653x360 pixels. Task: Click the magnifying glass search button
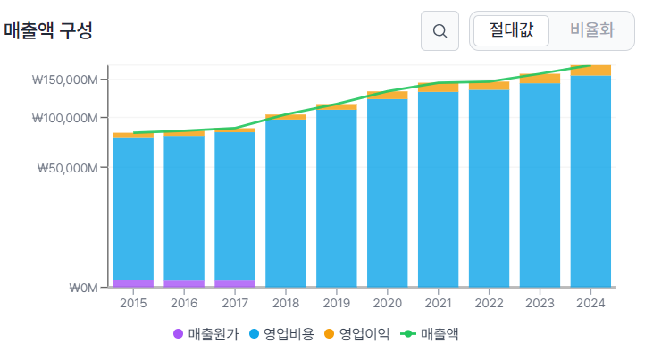tap(440, 31)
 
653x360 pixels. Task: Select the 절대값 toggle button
tap(511, 30)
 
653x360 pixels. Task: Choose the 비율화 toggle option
tap(591, 30)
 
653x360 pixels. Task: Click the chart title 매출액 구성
tap(48, 30)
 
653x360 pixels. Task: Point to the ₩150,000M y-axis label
tap(65, 80)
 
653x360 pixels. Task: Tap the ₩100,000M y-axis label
tap(65, 118)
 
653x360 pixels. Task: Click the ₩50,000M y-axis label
tap(68, 168)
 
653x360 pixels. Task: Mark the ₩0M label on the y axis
tap(83, 288)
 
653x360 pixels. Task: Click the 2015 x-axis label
tap(133, 303)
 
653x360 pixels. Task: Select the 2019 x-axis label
tap(337, 303)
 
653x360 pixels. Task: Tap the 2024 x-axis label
tap(590, 303)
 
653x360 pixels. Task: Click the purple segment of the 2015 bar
tap(133, 283)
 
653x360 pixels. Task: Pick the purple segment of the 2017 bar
tap(235, 284)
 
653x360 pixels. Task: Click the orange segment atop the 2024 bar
tap(590, 71)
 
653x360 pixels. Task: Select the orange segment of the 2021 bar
tap(438, 87)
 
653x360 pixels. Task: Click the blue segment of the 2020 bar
tap(388, 193)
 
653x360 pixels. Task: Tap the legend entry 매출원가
tap(205, 334)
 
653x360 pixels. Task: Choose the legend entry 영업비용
tap(281, 334)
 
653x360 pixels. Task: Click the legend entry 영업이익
tap(357, 334)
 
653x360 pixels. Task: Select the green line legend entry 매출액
tap(430, 334)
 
